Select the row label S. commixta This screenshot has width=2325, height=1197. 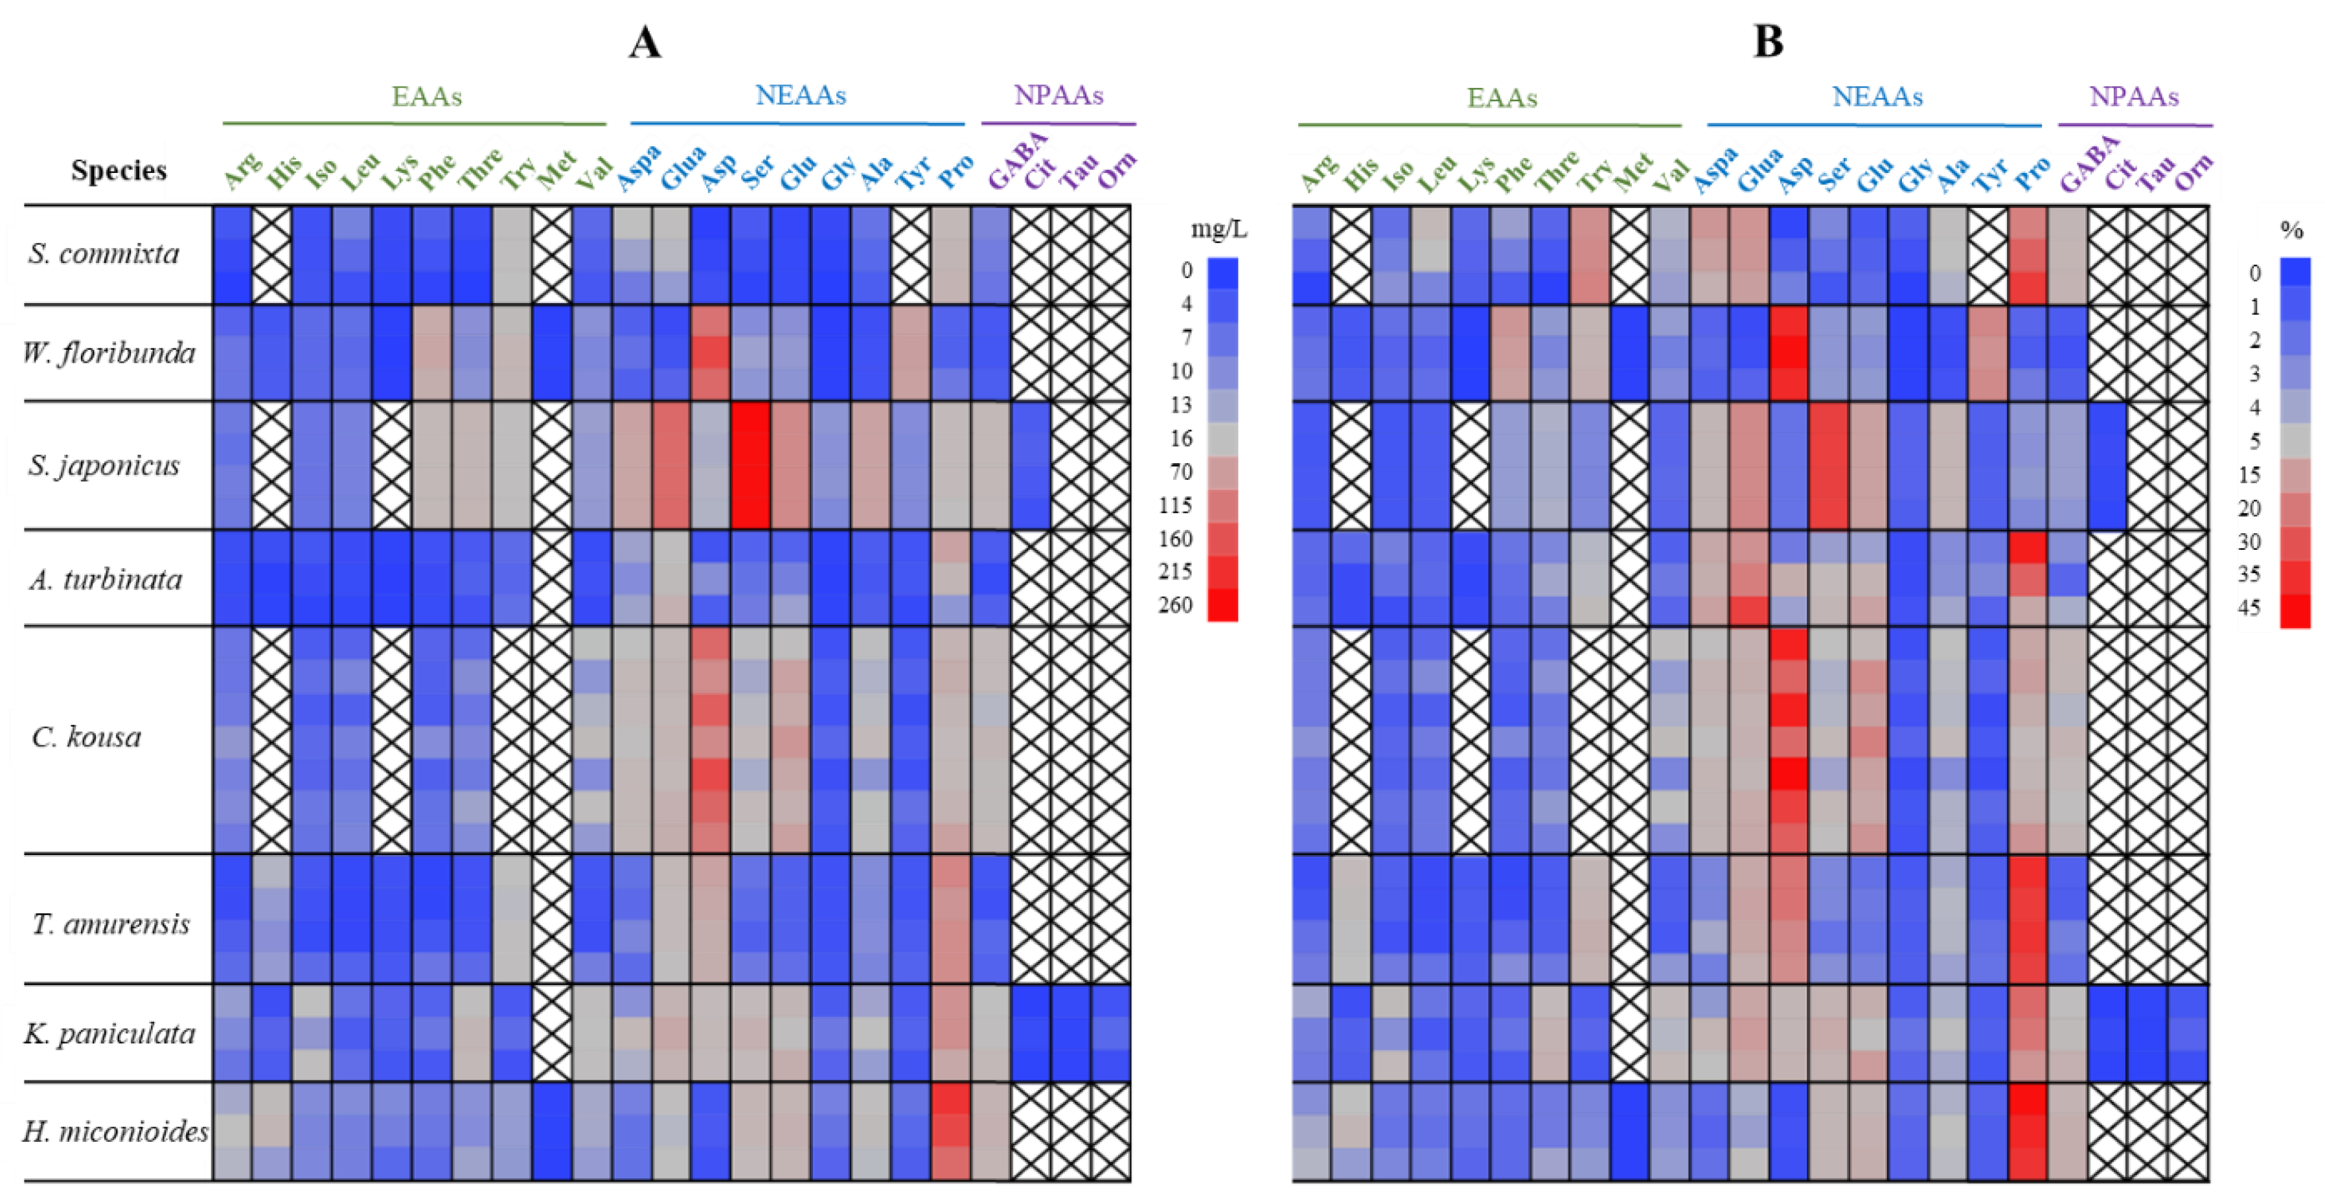(x=104, y=254)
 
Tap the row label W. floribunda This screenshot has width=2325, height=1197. (x=109, y=352)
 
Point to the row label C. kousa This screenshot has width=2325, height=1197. (x=87, y=738)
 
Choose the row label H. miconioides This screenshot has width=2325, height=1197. (x=115, y=1131)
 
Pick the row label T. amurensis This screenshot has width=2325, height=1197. (x=111, y=924)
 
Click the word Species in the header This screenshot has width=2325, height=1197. (x=119, y=170)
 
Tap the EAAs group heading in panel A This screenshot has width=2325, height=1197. (x=426, y=97)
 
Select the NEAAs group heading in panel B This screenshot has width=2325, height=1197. (x=1877, y=97)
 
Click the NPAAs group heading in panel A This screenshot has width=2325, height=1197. (x=1059, y=95)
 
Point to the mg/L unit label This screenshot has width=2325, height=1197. (x=1219, y=229)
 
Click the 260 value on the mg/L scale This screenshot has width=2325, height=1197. (x=1175, y=605)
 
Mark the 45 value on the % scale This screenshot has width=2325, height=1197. (x=2249, y=608)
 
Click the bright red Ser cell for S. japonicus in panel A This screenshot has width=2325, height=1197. (x=750, y=465)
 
